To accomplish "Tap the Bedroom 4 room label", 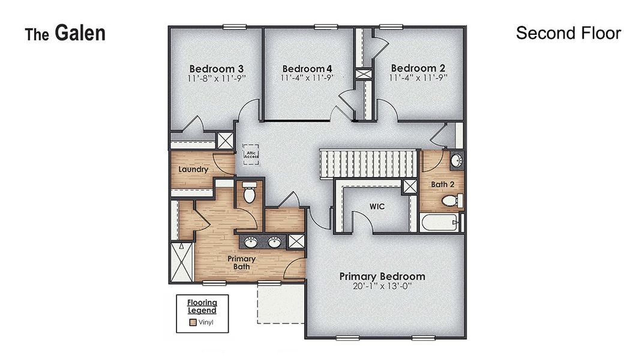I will click(x=307, y=68).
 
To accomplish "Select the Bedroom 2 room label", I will click(x=418, y=68).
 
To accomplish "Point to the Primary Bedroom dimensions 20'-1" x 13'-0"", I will click(x=382, y=286).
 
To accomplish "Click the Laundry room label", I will click(x=193, y=169).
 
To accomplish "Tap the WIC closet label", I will click(x=377, y=206).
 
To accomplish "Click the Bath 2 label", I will click(x=443, y=184).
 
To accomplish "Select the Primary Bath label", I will click(x=241, y=263).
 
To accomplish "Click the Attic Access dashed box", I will click(x=251, y=154).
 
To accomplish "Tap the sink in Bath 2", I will click(x=456, y=160).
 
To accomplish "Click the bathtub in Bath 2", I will click(x=439, y=223).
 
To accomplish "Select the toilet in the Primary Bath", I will click(x=250, y=193).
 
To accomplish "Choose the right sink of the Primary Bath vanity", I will click(x=274, y=242).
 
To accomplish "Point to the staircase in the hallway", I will click(x=368, y=164).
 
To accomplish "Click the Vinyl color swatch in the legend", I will click(x=193, y=322).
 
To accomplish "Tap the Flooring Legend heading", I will click(x=202, y=306).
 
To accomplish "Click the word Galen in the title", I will click(x=80, y=33).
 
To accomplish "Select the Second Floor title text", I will click(x=568, y=33).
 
